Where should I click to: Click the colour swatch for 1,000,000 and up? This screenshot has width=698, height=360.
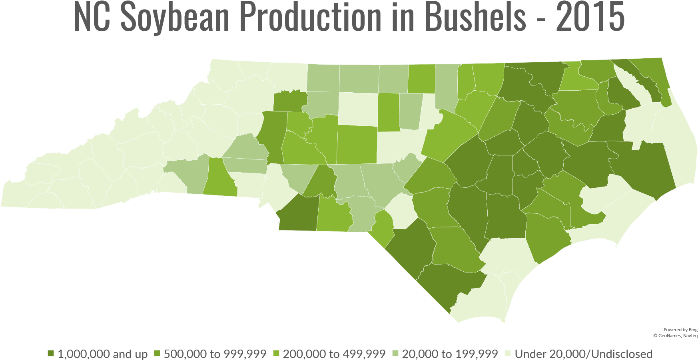51,354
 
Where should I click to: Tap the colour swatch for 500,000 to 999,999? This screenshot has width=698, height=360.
157,354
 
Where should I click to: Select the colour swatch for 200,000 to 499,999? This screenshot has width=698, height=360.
276,354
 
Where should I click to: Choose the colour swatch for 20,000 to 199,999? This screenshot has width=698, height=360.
395,354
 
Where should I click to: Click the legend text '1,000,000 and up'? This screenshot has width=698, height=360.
103,354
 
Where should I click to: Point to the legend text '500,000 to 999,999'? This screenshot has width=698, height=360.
215,354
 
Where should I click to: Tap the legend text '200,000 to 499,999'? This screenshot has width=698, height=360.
334,354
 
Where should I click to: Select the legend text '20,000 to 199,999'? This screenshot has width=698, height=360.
450,354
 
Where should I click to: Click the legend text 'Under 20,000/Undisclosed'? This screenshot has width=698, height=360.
584,354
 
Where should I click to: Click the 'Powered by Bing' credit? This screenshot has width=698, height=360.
680,330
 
